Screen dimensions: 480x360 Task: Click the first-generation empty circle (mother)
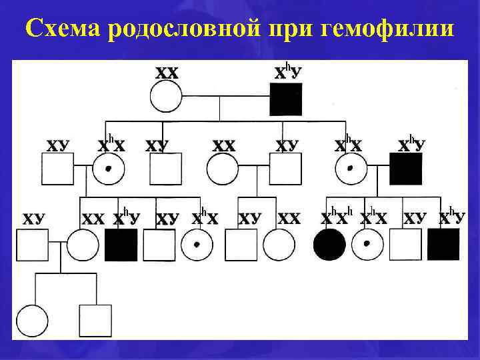coord(167,97)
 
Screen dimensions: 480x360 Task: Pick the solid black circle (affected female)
coord(330,245)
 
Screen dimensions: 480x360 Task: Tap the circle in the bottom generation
coord(33,321)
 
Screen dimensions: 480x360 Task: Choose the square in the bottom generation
coord(95,321)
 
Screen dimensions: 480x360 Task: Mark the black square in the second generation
coord(405,169)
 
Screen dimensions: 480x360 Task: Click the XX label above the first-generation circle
coord(167,73)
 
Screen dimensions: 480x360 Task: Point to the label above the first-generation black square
coord(289,71)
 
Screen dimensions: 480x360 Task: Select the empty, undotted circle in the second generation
coord(222,169)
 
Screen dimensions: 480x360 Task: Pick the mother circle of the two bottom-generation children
coord(83,245)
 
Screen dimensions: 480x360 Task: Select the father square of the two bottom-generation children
coord(33,245)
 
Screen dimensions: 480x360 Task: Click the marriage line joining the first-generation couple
coord(226,98)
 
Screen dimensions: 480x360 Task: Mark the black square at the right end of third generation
coord(443,245)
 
